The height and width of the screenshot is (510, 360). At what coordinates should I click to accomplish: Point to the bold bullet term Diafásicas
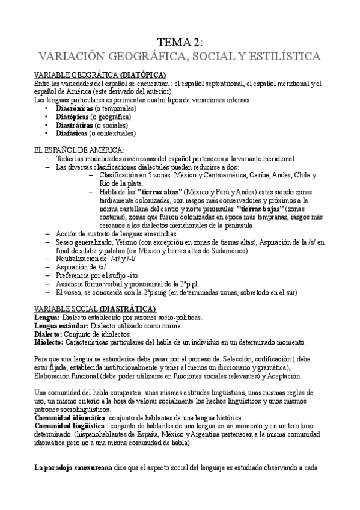click(x=72, y=134)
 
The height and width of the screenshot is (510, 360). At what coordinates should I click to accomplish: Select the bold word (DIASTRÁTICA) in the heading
click(x=129, y=309)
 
